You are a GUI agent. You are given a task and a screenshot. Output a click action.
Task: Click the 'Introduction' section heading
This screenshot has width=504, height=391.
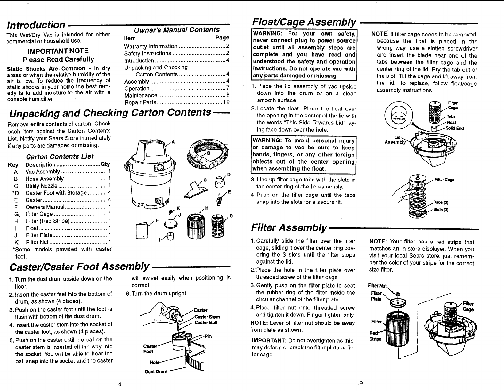pyautogui.click(x=36, y=25)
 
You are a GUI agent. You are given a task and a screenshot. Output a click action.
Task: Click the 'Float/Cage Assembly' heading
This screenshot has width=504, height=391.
pyautogui.click(x=304, y=22)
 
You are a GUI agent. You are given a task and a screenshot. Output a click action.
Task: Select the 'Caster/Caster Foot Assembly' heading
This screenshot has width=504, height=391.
pyautogui.click(x=80, y=266)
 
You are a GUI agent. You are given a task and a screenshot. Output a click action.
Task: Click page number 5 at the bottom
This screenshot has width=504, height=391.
pyautogui.click(x=362, y=382)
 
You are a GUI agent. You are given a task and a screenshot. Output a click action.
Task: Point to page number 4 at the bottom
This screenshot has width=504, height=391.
pyautogui.click(x=119, y=384)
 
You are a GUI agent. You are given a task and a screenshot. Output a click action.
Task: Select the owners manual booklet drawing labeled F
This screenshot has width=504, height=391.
pyautogui.click(x=142, y=229)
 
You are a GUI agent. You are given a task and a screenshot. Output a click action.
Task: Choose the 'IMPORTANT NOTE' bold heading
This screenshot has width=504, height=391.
pyautogui.click(x=58, y=51)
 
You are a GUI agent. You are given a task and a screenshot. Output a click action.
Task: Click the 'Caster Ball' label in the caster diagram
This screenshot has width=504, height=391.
pyautogui.click(x=206, y=322)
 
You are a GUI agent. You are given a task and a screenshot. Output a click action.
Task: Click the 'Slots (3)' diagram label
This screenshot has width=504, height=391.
pyautogui.click(x=441, y=210)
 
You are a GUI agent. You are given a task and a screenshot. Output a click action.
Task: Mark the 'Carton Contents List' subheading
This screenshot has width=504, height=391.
pyautogui.click(x=60, y=156)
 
